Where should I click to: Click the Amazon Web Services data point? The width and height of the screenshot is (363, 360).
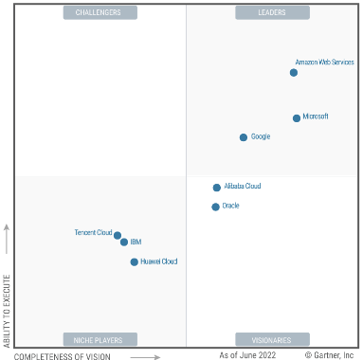[x=294, y=73]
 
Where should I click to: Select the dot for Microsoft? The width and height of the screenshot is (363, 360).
[x=297, y=118]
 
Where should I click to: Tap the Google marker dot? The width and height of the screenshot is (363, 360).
[x=244, y=137]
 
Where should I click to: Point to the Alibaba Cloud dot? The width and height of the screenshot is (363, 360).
[x=216, y=188]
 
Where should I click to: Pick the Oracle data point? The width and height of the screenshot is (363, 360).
[x=215, y=207]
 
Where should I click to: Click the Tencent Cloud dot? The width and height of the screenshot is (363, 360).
[x=118, y=235]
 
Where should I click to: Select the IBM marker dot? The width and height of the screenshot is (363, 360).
[x=124, y=242]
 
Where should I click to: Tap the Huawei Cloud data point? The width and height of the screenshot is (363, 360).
[x=135, y=261]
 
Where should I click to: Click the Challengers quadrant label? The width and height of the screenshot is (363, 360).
[x=100, y=12]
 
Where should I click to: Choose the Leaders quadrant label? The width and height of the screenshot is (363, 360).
[x=272, y=12]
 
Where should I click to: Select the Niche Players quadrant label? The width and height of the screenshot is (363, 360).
[x=100, y=340]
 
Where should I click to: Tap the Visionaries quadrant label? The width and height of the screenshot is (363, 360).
[x=272, y=340]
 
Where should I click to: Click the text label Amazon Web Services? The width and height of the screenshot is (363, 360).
[x=324, y=63]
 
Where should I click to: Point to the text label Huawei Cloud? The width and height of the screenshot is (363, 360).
[x=159, y=261]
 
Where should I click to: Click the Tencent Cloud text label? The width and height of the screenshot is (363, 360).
[x=94, y=232]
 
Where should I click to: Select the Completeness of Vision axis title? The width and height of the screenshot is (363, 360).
[x=63, y=356]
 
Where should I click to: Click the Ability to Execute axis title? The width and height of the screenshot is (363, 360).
[x=7, y=311]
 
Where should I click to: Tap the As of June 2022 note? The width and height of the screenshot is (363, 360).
[x=247, y=355]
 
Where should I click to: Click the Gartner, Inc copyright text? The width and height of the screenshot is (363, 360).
[x=329, y=355]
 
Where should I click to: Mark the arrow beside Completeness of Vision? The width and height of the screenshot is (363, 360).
[x=145, y=357]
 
